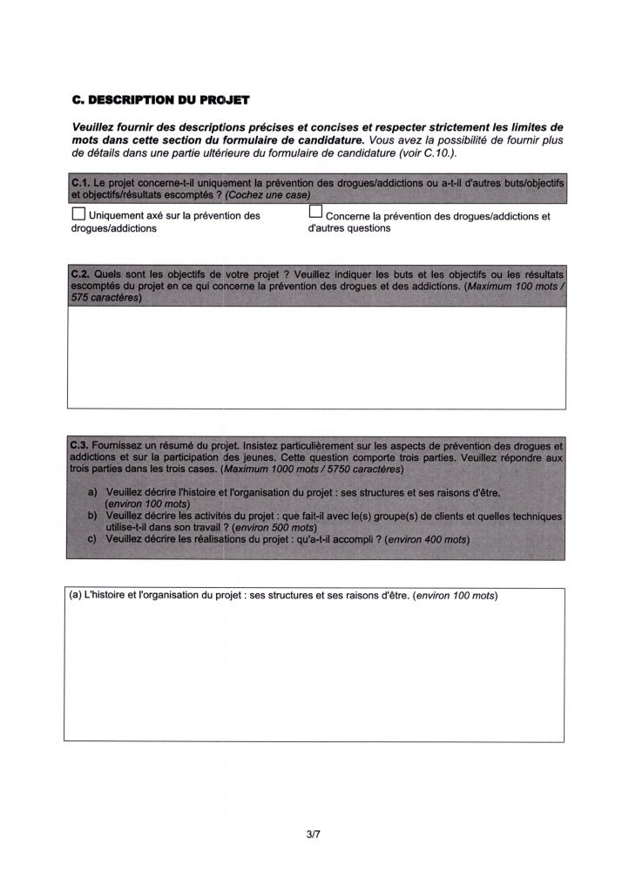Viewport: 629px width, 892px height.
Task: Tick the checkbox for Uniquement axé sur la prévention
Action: click(x=78, y=214)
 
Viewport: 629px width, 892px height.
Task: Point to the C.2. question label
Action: click(x=79, y=273)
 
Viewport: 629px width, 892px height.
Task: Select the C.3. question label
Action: click(x=79, y=443)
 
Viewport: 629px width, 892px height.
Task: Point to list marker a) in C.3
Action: click(x=92, y=492)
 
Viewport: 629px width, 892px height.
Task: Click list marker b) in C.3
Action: click(x=92, y=516)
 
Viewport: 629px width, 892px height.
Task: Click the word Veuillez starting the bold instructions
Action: click(x=98, y=128)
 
